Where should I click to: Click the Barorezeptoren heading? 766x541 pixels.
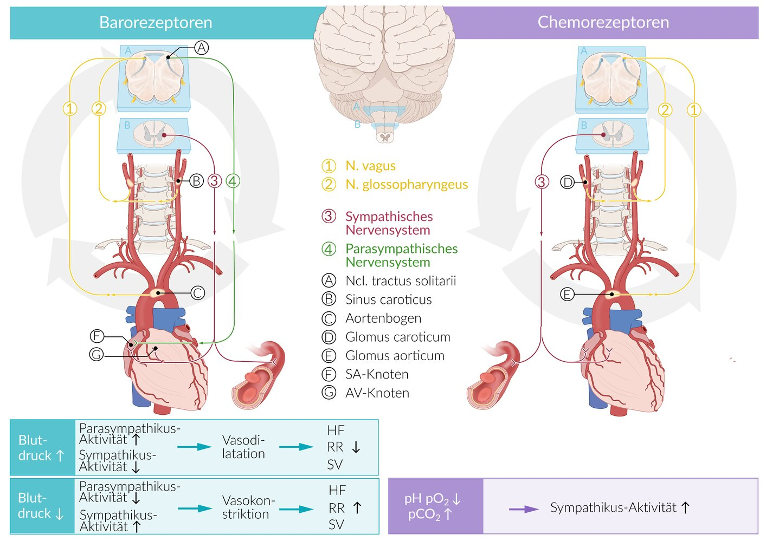coord(156,23)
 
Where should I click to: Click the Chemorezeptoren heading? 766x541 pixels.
coord(603,22)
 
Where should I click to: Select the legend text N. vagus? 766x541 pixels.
coord(370,166)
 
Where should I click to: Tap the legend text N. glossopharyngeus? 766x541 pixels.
coord(406,185)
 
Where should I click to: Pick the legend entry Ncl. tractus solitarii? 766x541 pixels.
coord(400,281)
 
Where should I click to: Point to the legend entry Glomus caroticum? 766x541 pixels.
coord(397,337)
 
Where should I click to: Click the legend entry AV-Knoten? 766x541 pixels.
coord(377,393)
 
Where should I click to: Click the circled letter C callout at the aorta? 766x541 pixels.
coord(198,293)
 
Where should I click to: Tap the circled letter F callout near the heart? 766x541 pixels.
coord(96,336)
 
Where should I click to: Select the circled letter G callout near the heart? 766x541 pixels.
coord(96,355)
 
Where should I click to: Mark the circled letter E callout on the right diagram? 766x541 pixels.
coord(567,294)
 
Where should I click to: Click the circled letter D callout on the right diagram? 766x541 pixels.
coord(567,182)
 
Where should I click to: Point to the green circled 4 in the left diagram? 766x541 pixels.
coord(233,181)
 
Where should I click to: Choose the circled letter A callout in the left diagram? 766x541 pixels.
coord(201,48)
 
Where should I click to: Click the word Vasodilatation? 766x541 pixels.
coord(243,447)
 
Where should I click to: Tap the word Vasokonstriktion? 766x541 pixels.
coord(248,507)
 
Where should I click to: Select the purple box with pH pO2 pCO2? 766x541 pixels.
coord(435,506)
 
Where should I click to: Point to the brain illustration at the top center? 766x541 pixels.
coord(384,60)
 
